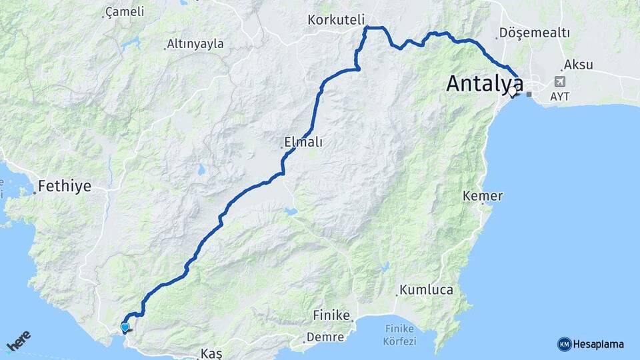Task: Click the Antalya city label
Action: [x=485, y=83]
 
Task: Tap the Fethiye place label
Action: [x=64, y=186]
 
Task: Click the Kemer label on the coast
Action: [x=483, y=196]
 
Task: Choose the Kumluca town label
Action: [x=427, y=290]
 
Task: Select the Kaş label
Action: [x=211, y=352]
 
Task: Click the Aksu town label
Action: [x=578, y=65]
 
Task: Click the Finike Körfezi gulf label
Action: [x=400, y=335]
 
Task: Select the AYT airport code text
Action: [x=560, y=97]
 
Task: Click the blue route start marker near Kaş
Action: [x=125, y=327]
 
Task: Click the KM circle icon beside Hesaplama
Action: [x=564, y=344]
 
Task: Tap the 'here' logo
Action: [x=19, y=341]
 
